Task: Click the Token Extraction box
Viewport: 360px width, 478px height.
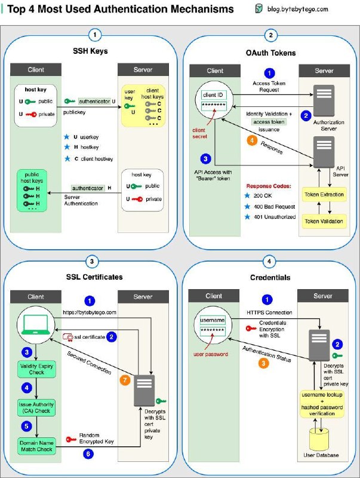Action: click(324, 195)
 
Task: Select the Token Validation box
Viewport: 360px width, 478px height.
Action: click(324, 221)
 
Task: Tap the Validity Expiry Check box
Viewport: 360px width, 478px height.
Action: click(36, 369)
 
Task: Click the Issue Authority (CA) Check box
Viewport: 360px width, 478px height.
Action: click(36, 407)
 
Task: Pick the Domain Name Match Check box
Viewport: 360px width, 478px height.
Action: click(36, 446)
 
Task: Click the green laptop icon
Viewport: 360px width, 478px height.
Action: click(36, 325)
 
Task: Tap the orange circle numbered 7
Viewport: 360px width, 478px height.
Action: click(125, 380)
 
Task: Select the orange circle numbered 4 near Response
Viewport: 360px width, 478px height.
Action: click(252, 140)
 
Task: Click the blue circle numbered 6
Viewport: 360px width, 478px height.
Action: click(88, 454)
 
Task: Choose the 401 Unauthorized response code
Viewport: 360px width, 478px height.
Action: click(275, 217)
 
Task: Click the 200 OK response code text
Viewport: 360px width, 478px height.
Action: click(263, 196)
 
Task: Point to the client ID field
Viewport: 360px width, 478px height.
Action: click(213, 95)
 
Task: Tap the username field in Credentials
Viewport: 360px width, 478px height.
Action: click(213, 320)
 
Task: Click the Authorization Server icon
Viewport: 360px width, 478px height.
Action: click(324, 101)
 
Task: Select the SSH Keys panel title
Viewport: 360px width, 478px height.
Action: click(90, 51)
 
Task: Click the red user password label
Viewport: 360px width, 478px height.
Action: click(211, 354)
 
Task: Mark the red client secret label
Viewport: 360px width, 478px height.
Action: click(199, 133)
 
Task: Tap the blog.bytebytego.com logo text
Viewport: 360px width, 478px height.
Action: click(297, 9)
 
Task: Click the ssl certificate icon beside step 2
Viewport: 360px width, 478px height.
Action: click(68, 337)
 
